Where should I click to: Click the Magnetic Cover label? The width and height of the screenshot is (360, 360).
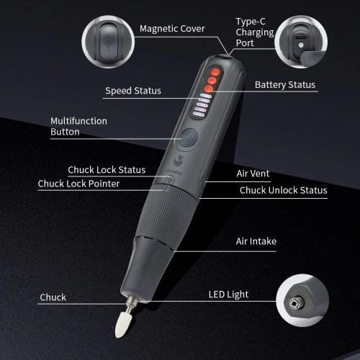172,29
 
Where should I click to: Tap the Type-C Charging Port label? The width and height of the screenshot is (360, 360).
255,32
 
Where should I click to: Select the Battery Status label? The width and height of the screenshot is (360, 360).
285,85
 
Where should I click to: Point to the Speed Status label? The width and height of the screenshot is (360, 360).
133,91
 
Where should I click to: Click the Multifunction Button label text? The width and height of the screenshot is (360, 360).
78,126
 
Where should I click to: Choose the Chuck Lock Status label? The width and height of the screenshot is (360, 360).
107,170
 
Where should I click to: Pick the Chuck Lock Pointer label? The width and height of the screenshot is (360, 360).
78,184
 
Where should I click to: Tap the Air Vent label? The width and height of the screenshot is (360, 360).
253,174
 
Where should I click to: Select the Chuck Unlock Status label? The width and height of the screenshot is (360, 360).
283,190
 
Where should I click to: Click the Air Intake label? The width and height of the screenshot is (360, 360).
256,241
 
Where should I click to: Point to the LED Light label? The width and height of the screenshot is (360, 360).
228,294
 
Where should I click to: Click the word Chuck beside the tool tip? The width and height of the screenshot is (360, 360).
53,297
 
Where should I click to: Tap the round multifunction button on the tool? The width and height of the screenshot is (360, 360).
189,138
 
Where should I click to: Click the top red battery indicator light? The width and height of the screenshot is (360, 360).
215,72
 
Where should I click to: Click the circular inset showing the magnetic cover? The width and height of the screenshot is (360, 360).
108,42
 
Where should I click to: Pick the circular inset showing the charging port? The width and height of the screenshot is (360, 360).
301,42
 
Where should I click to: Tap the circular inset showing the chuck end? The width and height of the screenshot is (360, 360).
302,300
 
